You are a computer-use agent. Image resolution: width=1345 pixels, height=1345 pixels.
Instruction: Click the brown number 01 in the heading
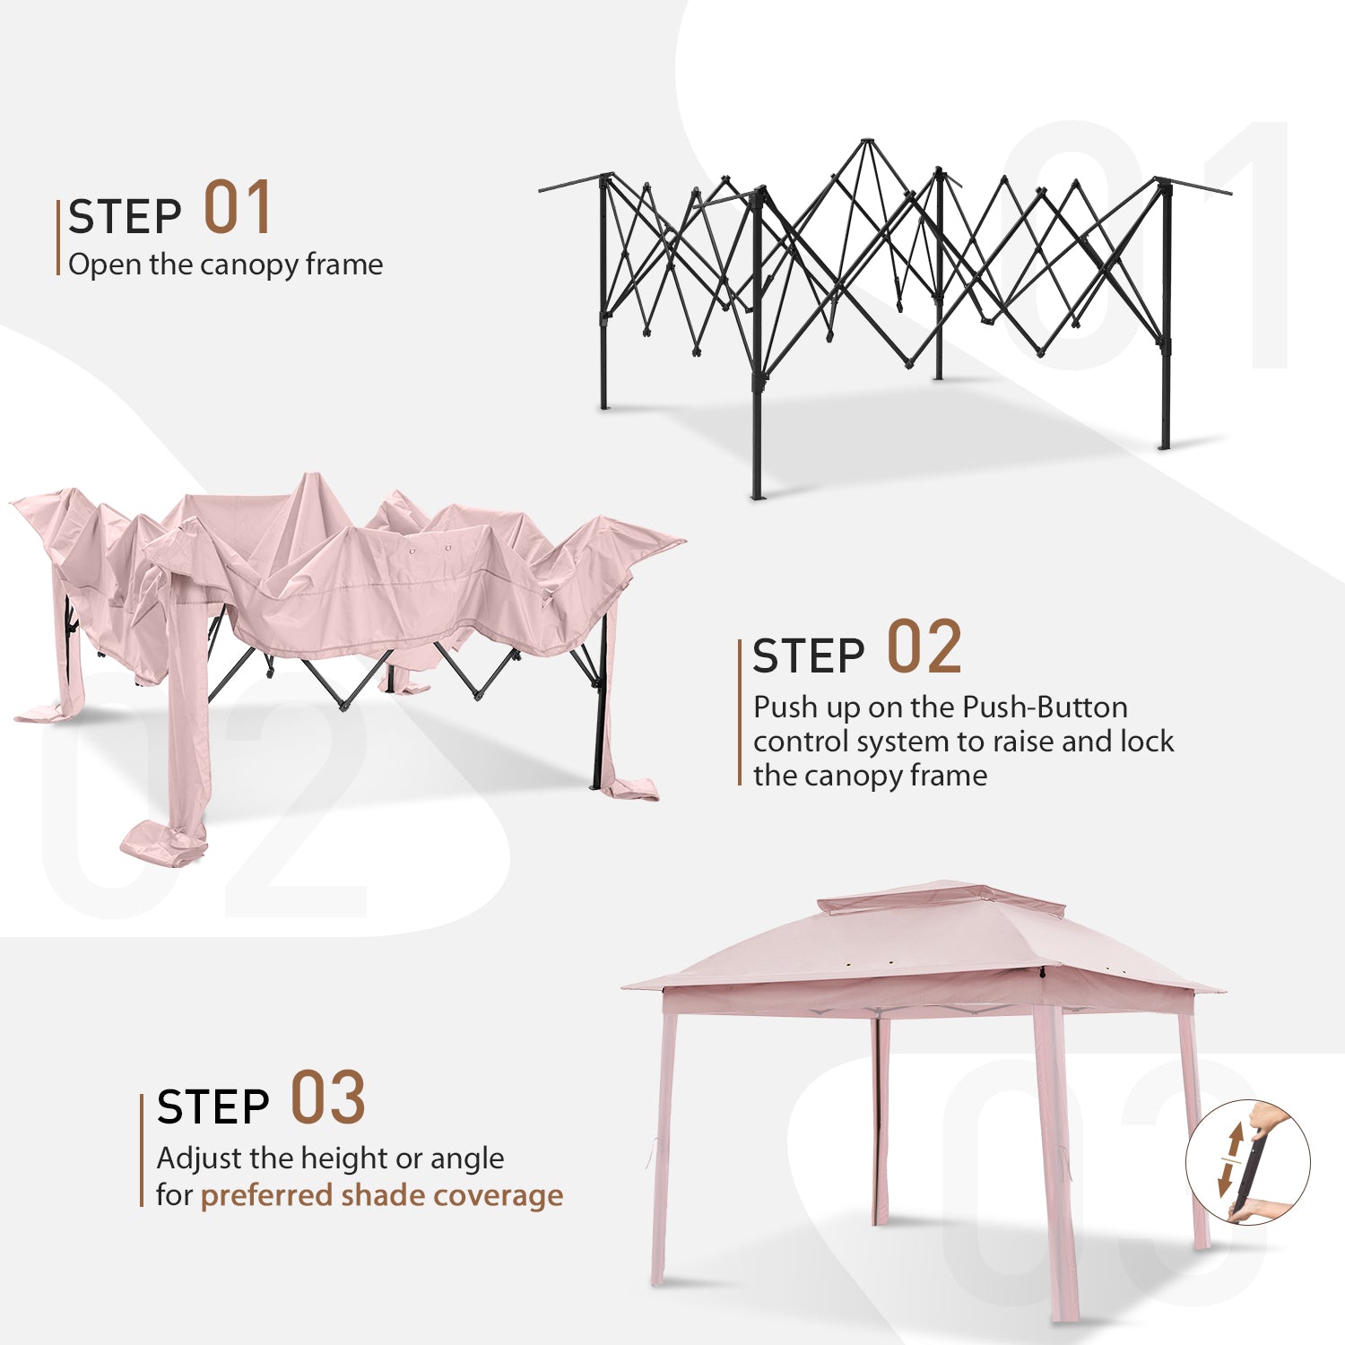(x=238, y=207)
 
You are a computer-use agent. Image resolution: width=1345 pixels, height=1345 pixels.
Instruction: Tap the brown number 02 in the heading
(x=924, y=646)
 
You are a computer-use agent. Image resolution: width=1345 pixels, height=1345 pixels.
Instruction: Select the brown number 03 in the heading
(x=328, y=1098)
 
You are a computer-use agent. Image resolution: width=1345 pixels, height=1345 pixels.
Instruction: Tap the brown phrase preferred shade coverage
(x=382, y=1196)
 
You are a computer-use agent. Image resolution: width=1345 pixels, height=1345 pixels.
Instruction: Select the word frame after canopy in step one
(x=344, y=265)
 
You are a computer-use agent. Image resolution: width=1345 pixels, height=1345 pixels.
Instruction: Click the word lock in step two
(x=1147, y=742)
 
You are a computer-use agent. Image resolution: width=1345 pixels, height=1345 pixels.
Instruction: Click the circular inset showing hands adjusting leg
(x=1248, y=1163)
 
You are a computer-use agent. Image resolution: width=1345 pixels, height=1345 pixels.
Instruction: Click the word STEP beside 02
(x=809, y=656)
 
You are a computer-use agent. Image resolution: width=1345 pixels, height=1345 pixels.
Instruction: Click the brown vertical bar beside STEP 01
(x=58, y=238)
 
